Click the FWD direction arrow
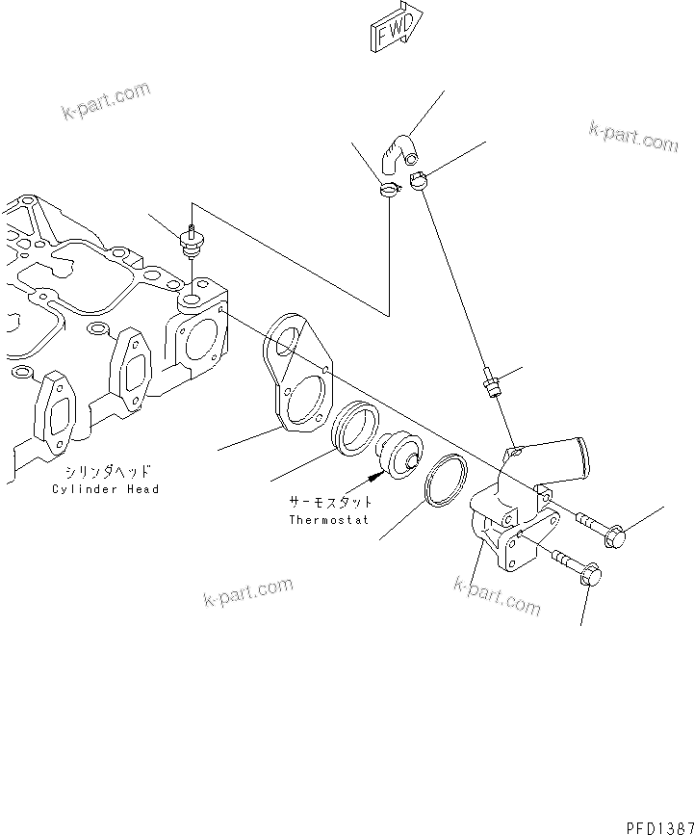[396, 26]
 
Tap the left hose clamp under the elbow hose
[389, 190]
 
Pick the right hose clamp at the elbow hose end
[420, 179]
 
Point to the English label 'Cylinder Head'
[106, 489]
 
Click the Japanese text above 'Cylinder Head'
[106, 473]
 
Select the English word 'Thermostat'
[330, 520]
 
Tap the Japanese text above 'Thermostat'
[330, 503]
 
